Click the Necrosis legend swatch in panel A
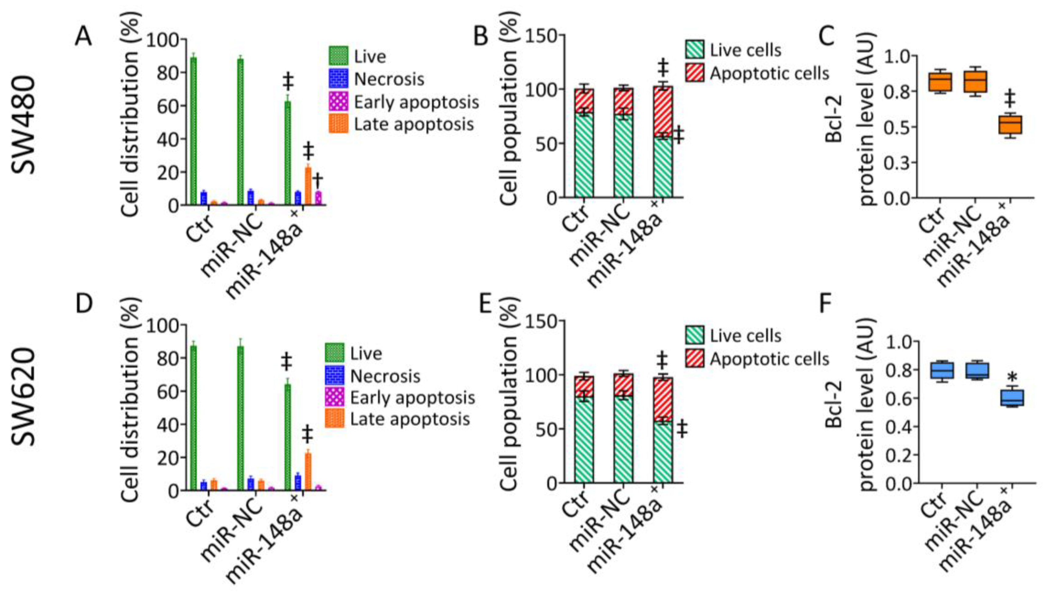pos(338,79)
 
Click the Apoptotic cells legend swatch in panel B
pos(695,73)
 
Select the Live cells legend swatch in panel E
pos(695,335)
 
